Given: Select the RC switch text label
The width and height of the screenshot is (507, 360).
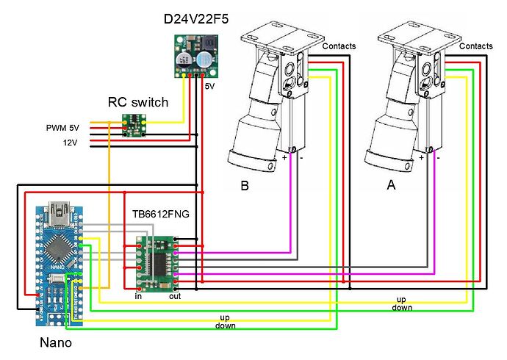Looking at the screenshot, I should tap(137, 102).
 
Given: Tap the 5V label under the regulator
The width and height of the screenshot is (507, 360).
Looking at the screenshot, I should tap(209, 86).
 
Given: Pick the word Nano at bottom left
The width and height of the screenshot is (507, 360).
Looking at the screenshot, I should tap(56, 342).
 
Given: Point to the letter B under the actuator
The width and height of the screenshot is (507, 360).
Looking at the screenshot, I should tap(244, 187).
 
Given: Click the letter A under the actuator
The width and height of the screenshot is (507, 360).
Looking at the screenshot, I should tap(391, 187).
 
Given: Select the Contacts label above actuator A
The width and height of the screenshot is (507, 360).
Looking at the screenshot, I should tap(475, 46).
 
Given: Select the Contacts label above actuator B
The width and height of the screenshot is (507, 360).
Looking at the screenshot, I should tap(339, 46).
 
